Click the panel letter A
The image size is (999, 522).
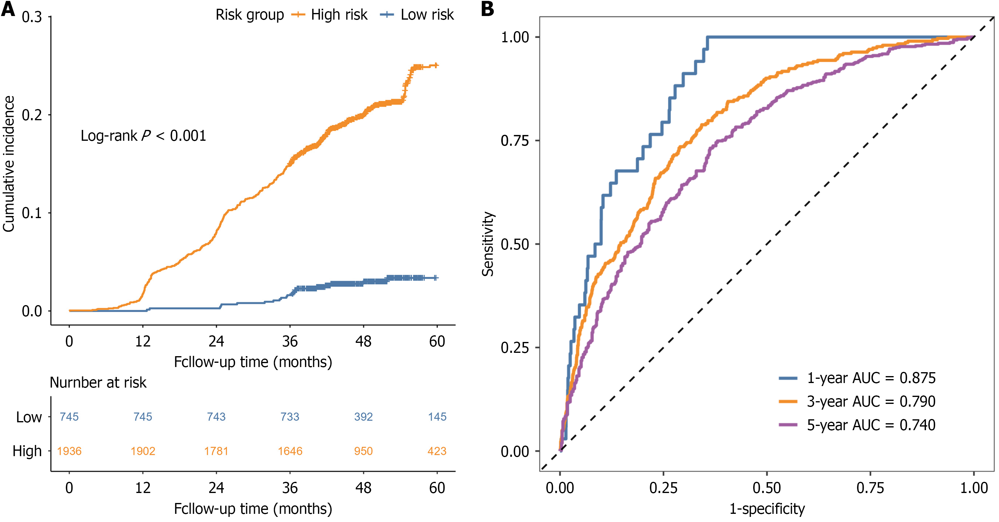(x=8, y=8)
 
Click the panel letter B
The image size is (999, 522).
(x=487, y=8)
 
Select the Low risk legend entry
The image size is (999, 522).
(x=417, y=15)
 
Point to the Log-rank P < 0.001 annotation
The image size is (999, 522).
(x=143, y=136)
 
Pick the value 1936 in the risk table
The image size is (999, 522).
(x=69, y=451)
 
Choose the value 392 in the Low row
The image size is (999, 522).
(x=363, y=417)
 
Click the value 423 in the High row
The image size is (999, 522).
(x=437, y=451)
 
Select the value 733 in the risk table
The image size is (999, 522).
(x=290, y=417)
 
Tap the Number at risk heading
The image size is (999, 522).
(x=98, y=383)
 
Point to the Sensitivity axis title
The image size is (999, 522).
(x=488, y=244)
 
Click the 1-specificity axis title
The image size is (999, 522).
(x=767, y=508)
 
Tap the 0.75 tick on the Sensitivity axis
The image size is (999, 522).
(x=515, y=140)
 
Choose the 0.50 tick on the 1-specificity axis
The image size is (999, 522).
(x=767, y=488)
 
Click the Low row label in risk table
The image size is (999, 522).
(x=29, y=417)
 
